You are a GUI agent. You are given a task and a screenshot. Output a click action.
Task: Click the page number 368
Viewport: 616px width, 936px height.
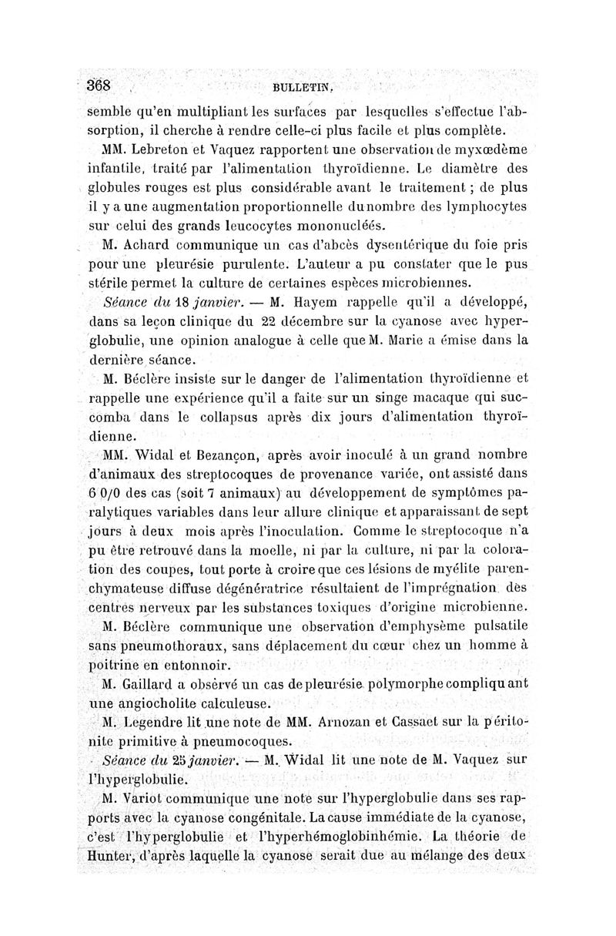coord(100,85)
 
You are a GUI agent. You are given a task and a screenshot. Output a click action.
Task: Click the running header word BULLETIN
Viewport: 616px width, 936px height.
coord(296,88)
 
